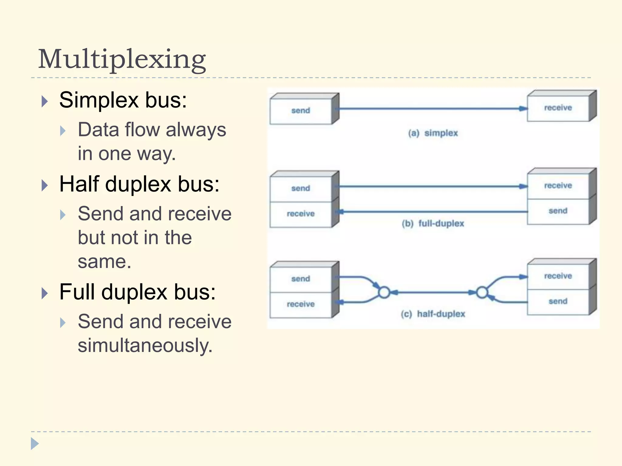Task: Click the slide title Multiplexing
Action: pos(122,59)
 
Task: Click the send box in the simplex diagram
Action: pos(301,111)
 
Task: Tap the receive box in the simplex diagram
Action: pos(558,108)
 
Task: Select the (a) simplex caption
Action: pos(433,133)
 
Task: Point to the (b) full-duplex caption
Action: pos(433,224)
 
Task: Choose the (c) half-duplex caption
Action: pos(433,314)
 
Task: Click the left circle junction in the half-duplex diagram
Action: pos(384,293)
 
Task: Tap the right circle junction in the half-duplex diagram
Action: pos(482,293)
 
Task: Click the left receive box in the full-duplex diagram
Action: pos(301,214)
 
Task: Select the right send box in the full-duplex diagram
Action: pos(558,211)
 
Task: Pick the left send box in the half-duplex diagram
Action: pos(301,279)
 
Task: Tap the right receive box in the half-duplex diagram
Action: pos(558,276)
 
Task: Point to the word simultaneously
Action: pos(145,346)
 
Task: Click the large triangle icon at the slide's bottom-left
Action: pos(35,444)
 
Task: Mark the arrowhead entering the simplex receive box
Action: pos(523,109)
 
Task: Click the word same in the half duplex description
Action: pos(104,262)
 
